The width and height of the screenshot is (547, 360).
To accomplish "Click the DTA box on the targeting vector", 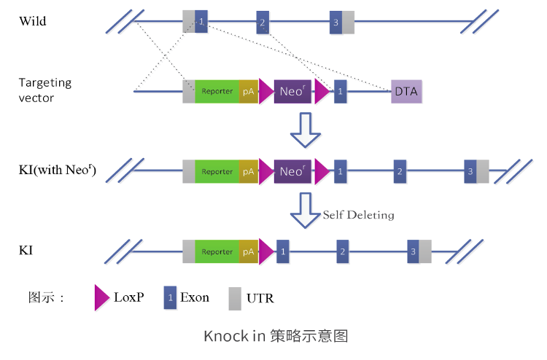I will [x=406, y=92].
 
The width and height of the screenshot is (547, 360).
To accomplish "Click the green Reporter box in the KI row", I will [x=217, y=252].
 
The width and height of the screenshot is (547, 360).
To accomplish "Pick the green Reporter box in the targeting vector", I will [x=217, y=92].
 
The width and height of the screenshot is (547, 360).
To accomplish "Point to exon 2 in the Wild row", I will [x=263, y=23].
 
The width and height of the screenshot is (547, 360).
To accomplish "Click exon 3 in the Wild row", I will [x=335, y=23].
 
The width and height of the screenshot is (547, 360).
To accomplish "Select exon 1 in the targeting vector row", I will [x=341, y=92].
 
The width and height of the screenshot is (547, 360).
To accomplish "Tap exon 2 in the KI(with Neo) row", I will [x=399, y=172].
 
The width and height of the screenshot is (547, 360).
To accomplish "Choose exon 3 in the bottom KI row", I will [x=414, y=252].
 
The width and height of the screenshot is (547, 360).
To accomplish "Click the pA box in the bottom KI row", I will [x=248, y=252].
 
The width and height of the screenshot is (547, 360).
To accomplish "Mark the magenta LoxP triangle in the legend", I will [x=101, y=297].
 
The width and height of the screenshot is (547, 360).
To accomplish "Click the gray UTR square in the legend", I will [x=235, y=298].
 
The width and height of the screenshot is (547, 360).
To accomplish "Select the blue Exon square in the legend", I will [x=171, y=297].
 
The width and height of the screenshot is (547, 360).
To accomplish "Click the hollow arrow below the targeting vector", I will [x=305, y=130].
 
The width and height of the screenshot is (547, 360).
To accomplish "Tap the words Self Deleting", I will [x=358, y=215].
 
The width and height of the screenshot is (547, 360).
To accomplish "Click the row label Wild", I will [x=33, y=21].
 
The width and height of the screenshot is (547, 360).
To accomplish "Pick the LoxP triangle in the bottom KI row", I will [x=266, y=252].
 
